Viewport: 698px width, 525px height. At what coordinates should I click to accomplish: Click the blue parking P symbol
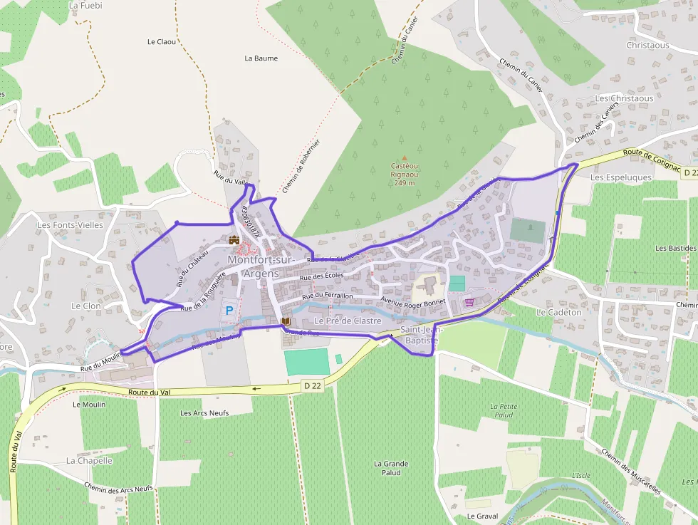point(229,311)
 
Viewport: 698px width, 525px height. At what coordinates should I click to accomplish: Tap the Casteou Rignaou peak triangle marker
point(405,159)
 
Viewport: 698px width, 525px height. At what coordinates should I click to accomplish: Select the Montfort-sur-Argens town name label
point(261,266)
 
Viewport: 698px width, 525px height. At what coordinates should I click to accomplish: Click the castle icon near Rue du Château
point(234,240)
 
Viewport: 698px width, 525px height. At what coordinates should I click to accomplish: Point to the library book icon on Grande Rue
point(286,323)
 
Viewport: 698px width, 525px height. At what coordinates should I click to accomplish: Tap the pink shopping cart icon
point(469,302)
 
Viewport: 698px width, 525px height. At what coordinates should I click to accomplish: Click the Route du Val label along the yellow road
point(149,392)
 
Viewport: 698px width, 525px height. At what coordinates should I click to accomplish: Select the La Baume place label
point(261,58)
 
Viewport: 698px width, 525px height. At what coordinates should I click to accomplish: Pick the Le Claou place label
point(161,42)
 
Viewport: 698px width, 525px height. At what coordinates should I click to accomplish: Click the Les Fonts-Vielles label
point(70,225)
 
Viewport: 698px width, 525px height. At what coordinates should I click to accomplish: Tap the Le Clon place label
point(86,306)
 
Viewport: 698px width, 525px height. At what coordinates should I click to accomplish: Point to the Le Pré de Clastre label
point(348,321)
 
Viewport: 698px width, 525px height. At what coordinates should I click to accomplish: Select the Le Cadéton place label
point(559,312)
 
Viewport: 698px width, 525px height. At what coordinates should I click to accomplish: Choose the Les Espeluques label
point(621,177)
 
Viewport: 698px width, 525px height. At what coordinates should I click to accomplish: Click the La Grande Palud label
point(391,468)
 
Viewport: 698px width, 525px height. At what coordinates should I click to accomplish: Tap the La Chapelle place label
point(89,460)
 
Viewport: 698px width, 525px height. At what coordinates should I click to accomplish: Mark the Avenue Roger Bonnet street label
point(413,302)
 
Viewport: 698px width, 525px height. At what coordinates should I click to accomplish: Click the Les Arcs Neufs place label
point(204,413)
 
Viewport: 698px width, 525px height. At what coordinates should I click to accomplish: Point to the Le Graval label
point(482,516)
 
